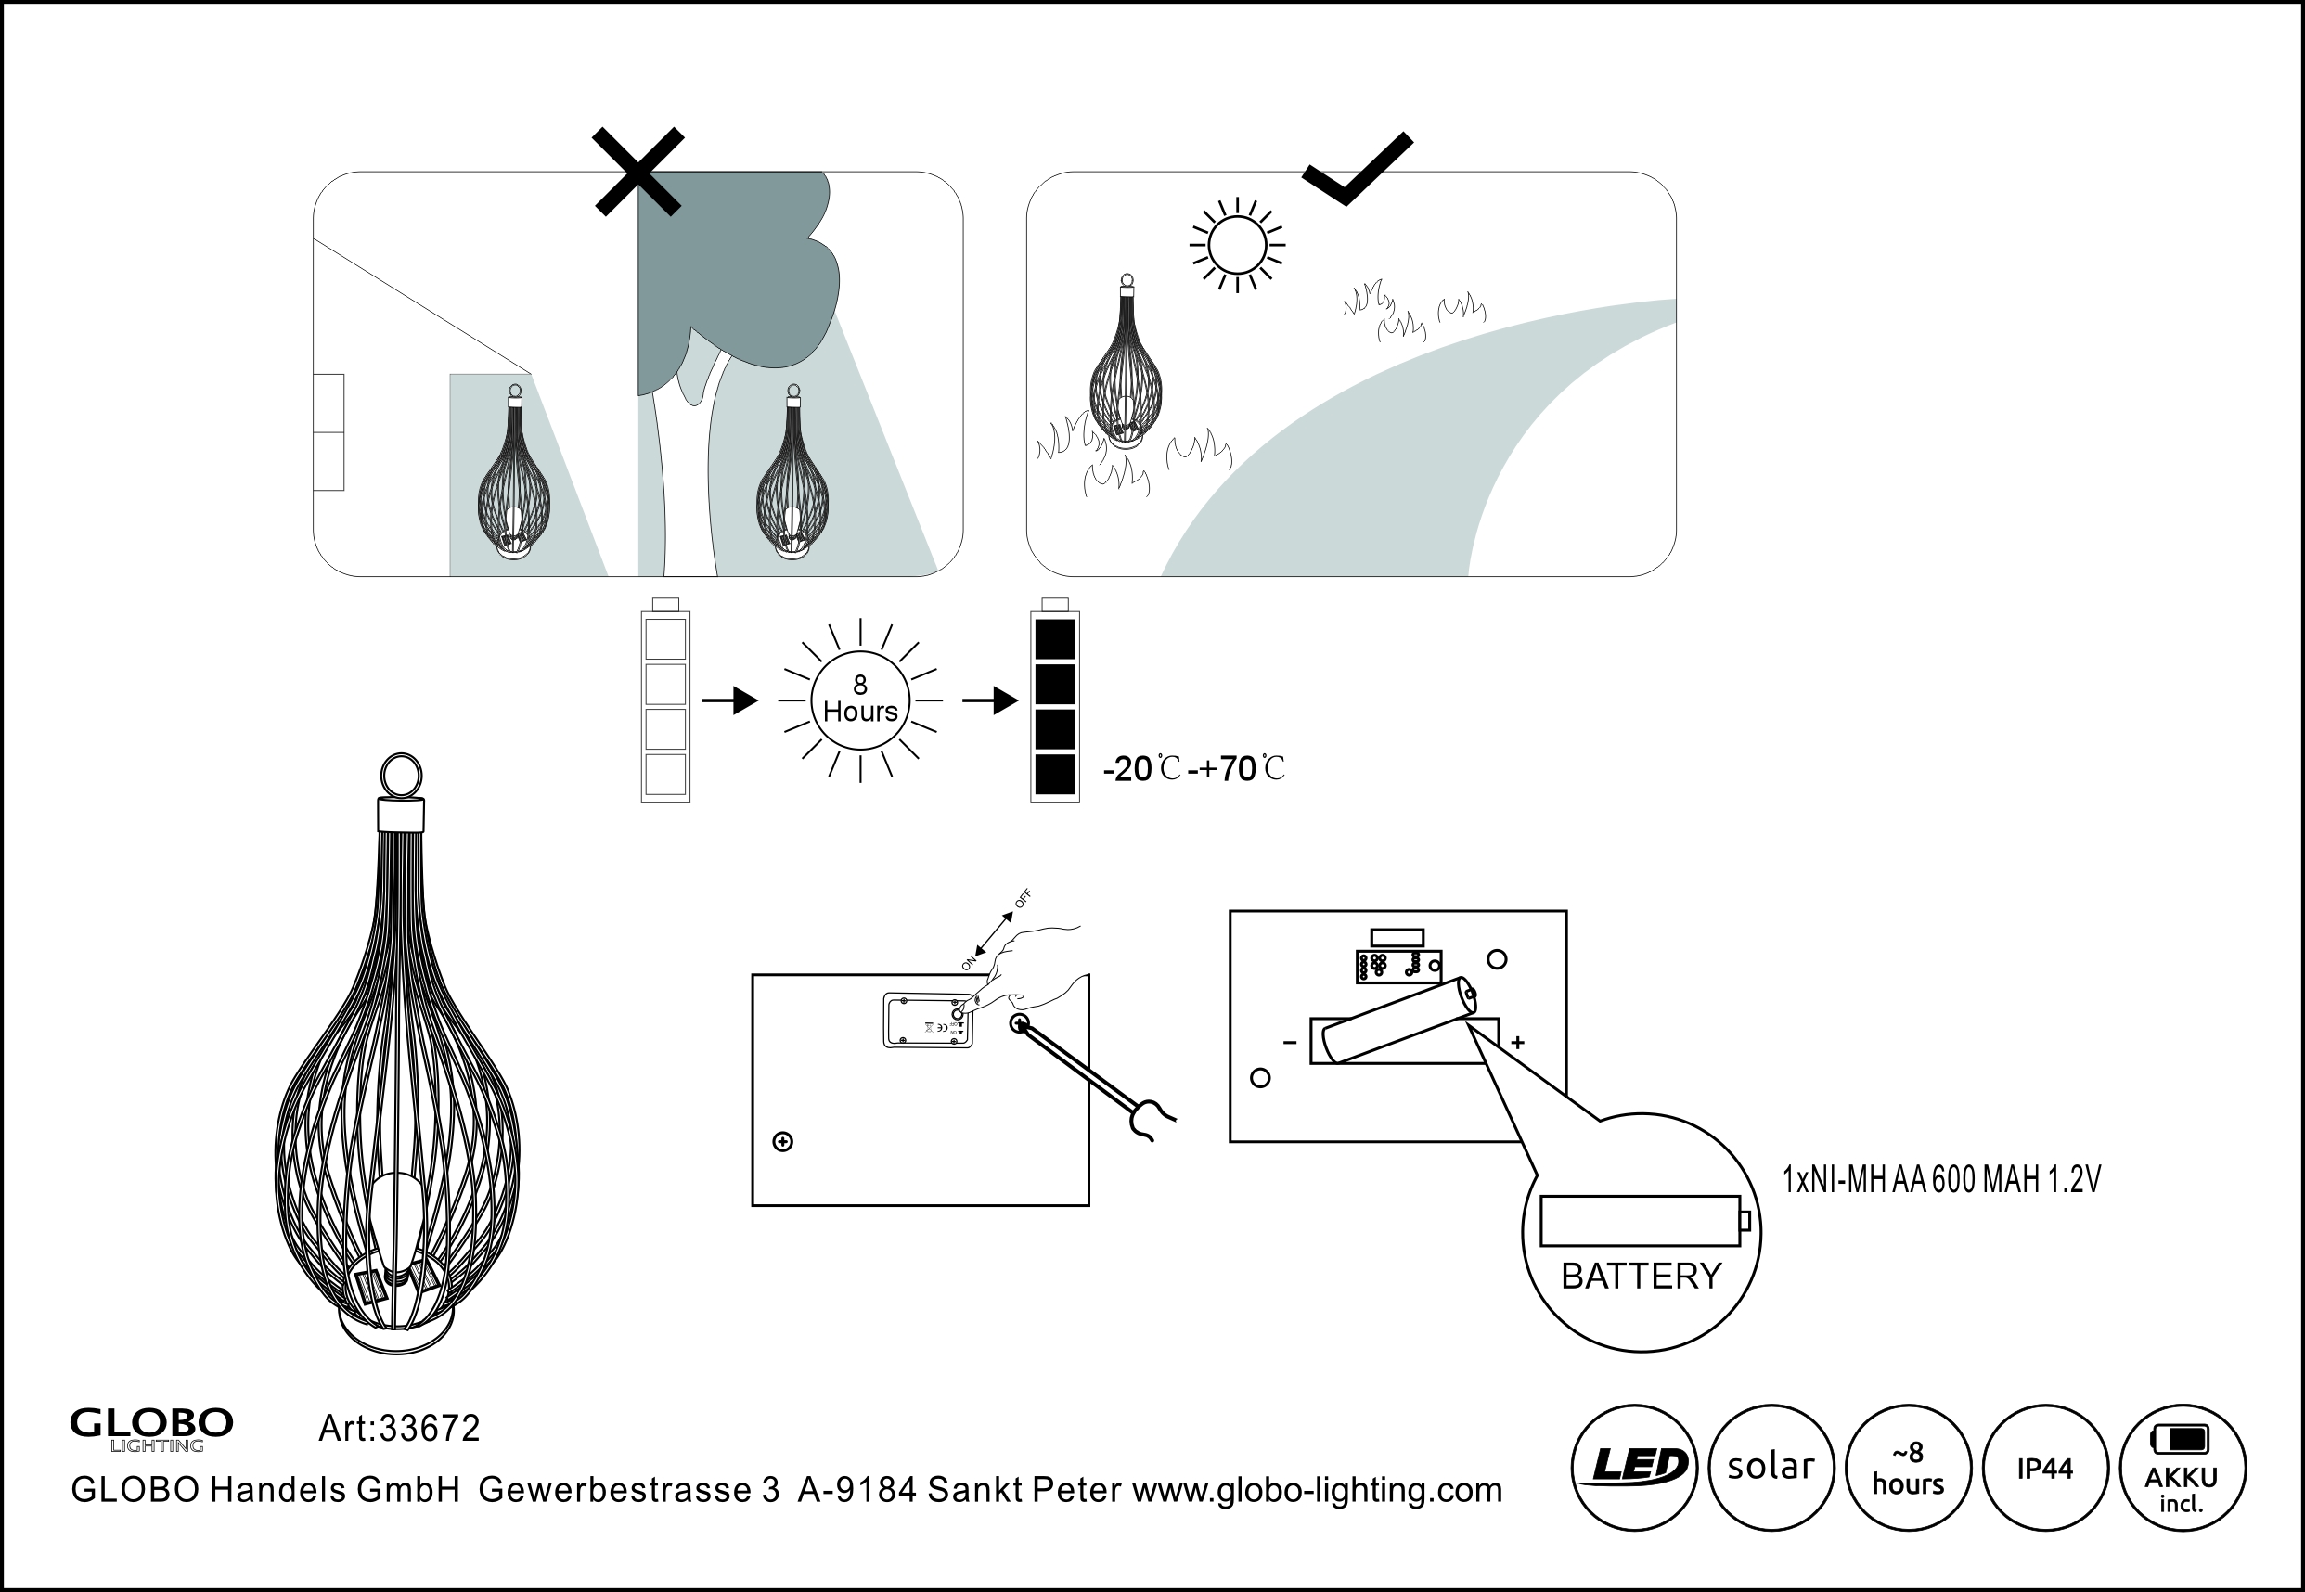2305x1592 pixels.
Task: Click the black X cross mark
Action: pos(638,172)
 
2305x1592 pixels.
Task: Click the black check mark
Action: pos(1357,170)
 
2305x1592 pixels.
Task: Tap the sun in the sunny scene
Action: pos(1237,244)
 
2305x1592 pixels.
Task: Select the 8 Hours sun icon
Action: pos(860,700)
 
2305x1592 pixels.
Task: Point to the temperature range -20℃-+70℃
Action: pos(1193,769)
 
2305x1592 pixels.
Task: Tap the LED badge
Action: pos(1634,1468)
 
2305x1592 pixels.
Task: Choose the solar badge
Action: pos(1771,1468)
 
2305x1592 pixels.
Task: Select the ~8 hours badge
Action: pos(1908,1468)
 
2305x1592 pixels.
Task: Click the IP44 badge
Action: pos(2044,1468)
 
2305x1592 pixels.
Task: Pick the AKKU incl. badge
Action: pos(2182,1468)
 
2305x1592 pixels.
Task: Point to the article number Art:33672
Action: pos(399,1429)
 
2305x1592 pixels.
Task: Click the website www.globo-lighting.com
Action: pos(1317,1489)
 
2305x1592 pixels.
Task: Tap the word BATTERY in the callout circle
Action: pos(1641,1276)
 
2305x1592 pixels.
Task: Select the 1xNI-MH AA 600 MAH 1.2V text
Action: pos(1941,1180)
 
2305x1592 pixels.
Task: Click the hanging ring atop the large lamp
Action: pos(401,775)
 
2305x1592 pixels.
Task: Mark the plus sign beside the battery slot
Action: pos(1517,1043)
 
